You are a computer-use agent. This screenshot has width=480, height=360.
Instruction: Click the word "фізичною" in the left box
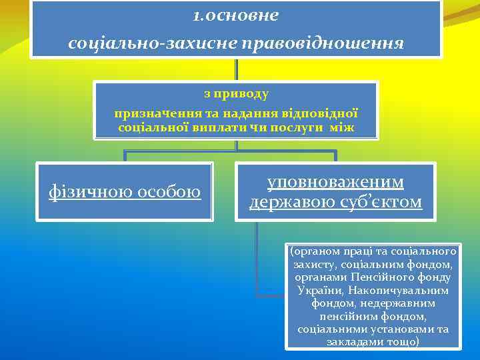click(89, 192)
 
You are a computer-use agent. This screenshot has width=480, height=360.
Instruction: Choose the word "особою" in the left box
click(169, 192)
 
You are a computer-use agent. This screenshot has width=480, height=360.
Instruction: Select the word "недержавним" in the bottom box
click(397, 303)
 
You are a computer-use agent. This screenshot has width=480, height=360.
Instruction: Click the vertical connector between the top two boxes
click(237, 70)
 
